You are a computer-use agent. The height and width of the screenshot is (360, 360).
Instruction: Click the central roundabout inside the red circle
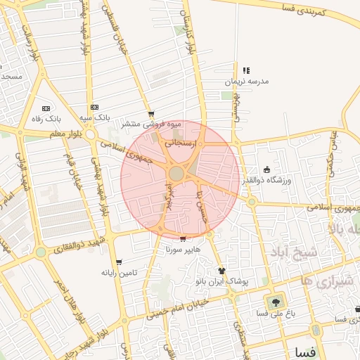coord(176,173)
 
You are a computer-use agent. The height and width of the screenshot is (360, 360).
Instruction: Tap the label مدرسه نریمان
coord(247,82)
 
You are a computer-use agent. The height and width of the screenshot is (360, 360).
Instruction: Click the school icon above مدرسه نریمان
coord(246,71)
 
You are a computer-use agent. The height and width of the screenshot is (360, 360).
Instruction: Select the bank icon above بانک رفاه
coord(46,108)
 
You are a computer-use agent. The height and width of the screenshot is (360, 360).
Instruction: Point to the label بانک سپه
coord(96,117)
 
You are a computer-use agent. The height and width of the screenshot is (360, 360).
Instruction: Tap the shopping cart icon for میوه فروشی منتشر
coord(150,114)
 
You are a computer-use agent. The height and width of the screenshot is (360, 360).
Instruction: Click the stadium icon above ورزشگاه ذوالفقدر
coord(266,169)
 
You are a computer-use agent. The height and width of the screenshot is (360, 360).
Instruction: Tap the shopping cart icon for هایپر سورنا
coord(184,239)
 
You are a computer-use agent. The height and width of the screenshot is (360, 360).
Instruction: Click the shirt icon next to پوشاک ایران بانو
coord(222,270)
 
